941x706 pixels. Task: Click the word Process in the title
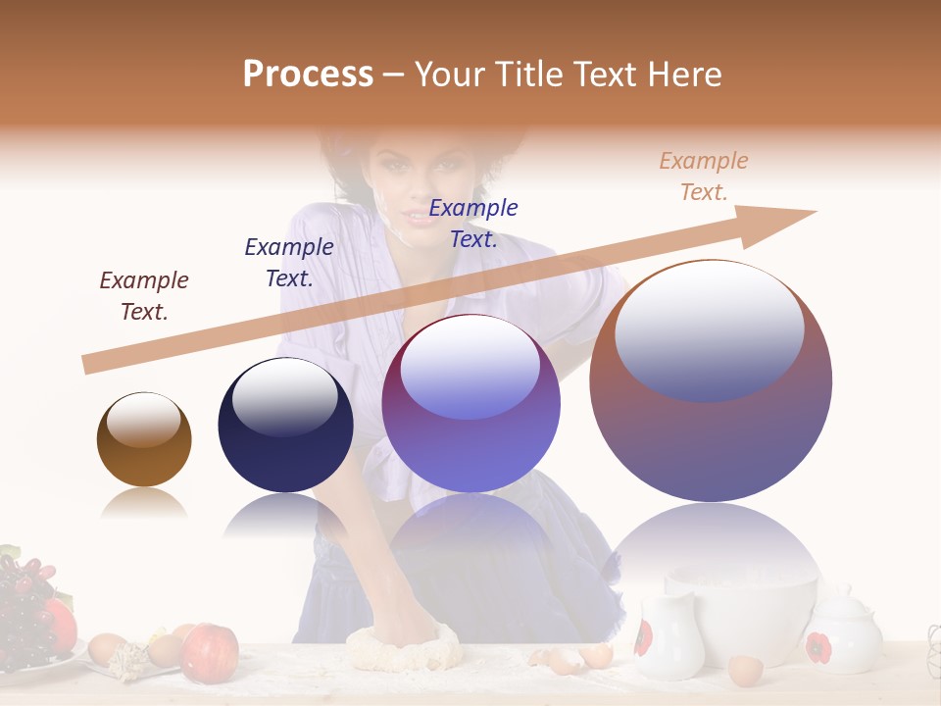[x=308, y=75]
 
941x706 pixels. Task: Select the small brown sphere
[x=144, y=439]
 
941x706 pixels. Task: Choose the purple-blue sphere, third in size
[x=470, y=404]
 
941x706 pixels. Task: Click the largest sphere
[x=711, y=380]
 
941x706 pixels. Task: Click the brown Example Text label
[x=144, y=296]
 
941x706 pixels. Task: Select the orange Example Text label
[x=704, y=176]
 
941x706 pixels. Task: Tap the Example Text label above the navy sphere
[x=289, y=263]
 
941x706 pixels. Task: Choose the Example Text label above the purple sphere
[x=473, y=224]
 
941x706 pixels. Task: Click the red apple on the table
[x=210, y=652]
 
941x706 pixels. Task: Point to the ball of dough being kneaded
[x=402, y=647]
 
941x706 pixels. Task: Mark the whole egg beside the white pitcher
[x=745, y=671]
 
